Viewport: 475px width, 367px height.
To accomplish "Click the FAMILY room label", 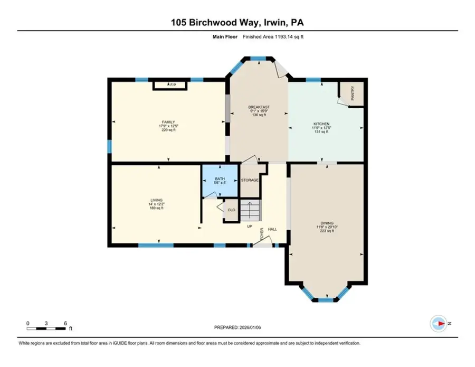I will [x=168, y=122].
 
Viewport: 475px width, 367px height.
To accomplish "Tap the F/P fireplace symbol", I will [x=170, y=85].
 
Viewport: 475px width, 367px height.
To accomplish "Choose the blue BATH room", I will [x=220, y=181].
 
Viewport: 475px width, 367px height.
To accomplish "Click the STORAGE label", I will [x=250, y=180].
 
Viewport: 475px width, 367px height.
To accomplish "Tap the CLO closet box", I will [x=231, y=210].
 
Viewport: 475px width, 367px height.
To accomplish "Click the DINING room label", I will [x=327, y=223].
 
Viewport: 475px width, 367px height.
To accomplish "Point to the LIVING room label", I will [x=156, y=200].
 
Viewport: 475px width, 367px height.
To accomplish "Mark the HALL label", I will [x=272, y=229].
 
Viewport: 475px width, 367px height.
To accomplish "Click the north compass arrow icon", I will [x=438, y=322].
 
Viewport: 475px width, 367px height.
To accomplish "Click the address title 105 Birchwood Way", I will [x=237, y=22].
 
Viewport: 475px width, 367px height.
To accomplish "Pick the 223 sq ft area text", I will [x=327, y=231].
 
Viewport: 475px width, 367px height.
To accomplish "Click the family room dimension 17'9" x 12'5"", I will [x=168, y=126].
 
